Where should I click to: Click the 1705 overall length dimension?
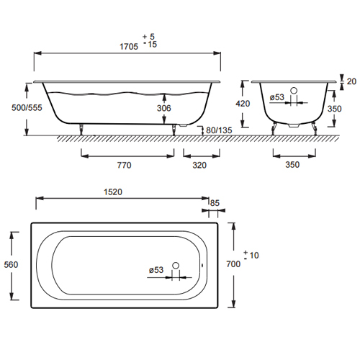129,47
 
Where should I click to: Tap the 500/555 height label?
27,108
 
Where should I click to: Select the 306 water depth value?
164,108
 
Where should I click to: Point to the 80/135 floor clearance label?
219,130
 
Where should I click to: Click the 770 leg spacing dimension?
124,165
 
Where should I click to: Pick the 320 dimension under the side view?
199,165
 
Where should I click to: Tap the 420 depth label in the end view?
243,104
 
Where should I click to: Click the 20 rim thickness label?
351,81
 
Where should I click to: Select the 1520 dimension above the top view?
113,192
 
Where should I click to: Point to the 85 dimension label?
215,203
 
